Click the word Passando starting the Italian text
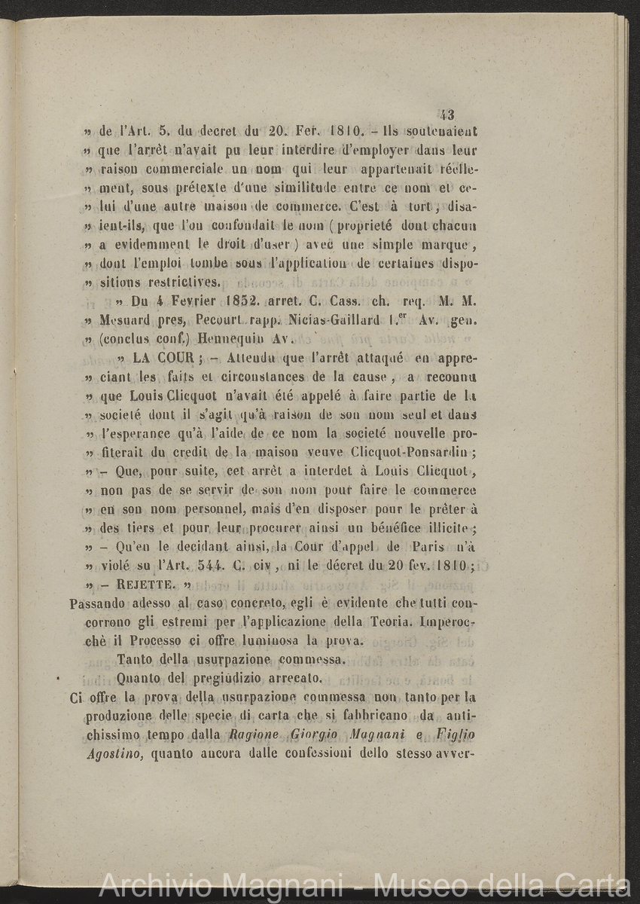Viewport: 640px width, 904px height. point(97,603)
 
